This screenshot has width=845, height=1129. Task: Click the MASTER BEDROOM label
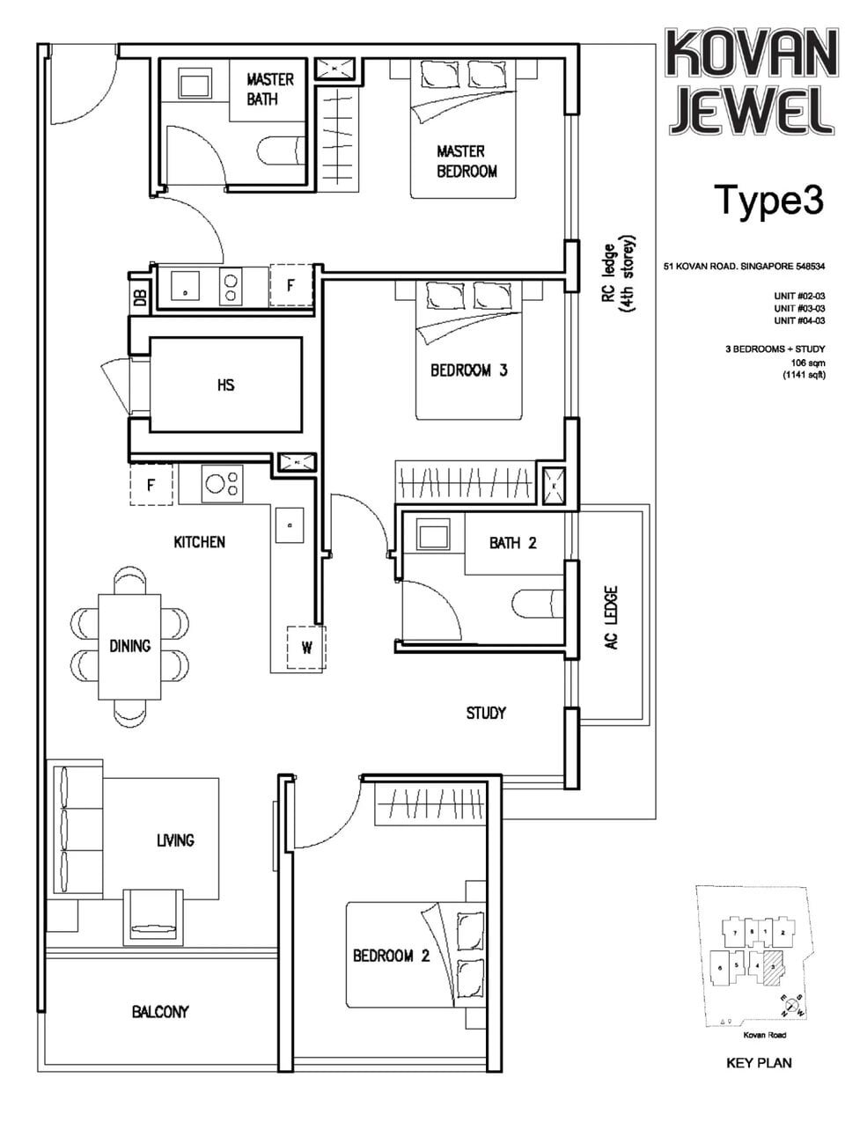coord(467,161)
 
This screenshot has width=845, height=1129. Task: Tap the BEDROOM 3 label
coord(468,370)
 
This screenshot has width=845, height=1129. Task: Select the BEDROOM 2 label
coord(391,956)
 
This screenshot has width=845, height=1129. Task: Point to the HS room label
coord(225,385)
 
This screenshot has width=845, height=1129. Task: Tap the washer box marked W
coord(306,649)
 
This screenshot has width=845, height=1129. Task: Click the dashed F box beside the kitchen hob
coord(151,485)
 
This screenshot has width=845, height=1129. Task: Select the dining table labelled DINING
coord(129,646)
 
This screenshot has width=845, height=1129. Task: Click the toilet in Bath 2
coord(537,604)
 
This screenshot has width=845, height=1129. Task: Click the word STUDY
coord(486,713)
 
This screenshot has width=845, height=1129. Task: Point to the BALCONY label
coord(160,1012)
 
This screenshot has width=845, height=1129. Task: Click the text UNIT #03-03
coord(799,309)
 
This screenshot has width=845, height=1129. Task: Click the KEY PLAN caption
coord(759,1063)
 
